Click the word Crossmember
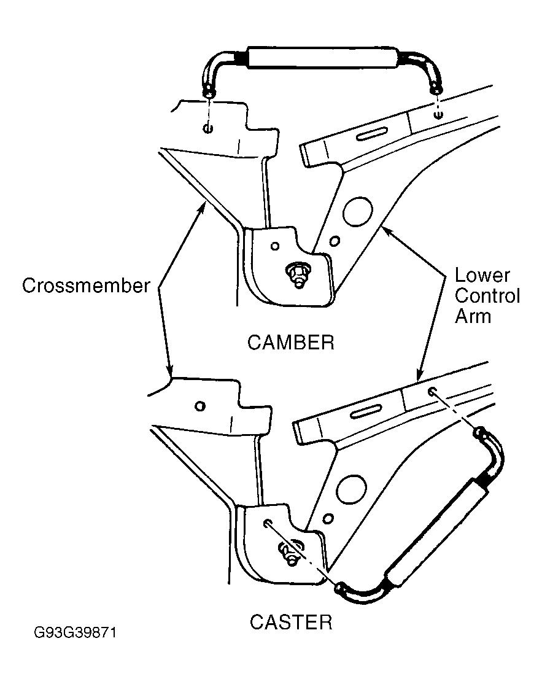point(86,286)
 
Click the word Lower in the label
point(482,275)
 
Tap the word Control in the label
point(487,296)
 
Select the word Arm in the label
point(473,316)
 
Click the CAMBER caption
point(291,343)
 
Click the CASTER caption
point(291,622)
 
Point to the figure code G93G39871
point(75,632)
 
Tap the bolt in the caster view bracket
point(290,553)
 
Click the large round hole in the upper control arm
point(358,212)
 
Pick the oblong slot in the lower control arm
point(366,411)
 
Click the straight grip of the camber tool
point(322,57)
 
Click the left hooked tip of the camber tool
point(209,92)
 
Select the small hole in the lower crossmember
point(200,406)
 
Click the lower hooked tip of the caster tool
point(341,588)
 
